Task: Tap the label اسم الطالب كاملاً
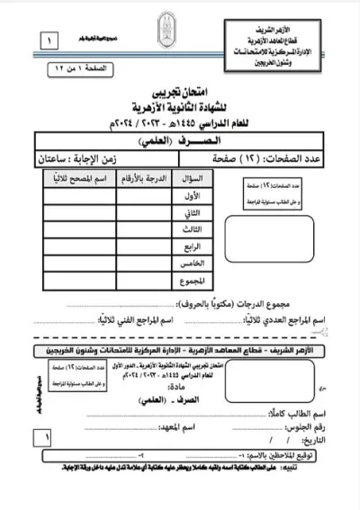pos(310,413)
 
